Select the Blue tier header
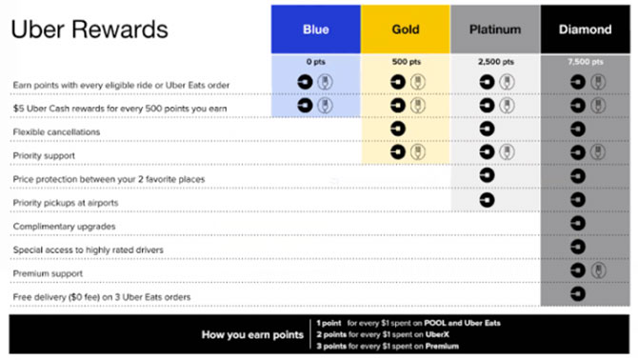pos(315,30)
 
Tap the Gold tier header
pos(405,30)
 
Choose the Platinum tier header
pos(495,30)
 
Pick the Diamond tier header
pos(585,30)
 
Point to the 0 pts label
pos(315,62)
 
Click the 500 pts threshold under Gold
pos(405,62)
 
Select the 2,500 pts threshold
pos(495,62)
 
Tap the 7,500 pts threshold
pos(585,62)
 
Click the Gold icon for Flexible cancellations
pos(397,130)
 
